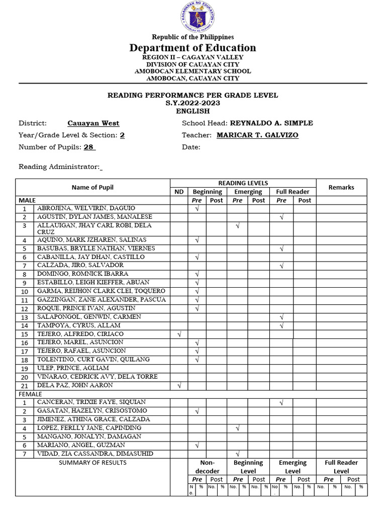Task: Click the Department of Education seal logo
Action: tap(193, 18)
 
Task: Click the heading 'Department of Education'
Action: tap(192, 48)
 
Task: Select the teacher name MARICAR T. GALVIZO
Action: tap(257, 135)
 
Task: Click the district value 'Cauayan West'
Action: tap(93, 123)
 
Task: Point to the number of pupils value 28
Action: tap(89, 147)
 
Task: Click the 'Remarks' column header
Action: tap(341, 187)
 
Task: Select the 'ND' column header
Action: tap(179, 192)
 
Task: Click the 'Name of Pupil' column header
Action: tap(92, 187)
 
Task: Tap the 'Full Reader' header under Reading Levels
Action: tap(293, 192)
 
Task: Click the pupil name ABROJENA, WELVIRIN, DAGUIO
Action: tap(86, 208)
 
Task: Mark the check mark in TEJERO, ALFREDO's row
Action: tap(179, 334)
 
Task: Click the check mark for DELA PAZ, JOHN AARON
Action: tap(179, 385)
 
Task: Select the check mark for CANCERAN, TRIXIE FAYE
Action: tap(281, 402)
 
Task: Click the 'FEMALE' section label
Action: tap(30, 394)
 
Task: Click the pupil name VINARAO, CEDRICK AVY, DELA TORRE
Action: tap(98, 377)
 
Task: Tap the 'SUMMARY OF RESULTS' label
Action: tap(92, 463)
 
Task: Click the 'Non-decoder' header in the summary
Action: tap(207, 467)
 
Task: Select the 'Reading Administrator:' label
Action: tap(59, 167)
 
